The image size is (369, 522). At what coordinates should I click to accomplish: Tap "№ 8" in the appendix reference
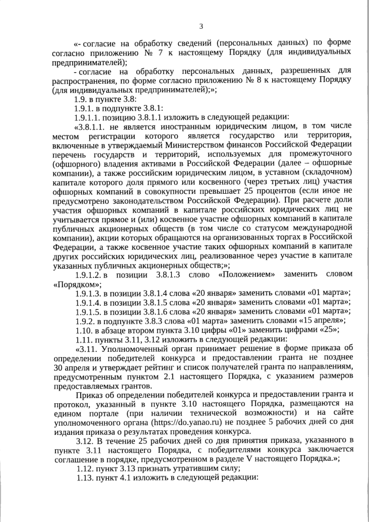coord(253,81)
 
